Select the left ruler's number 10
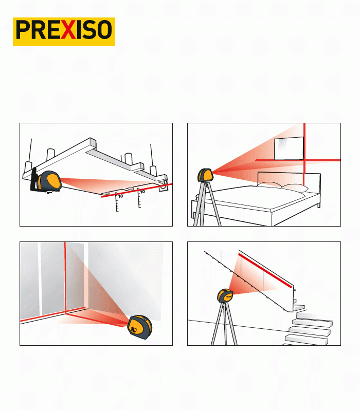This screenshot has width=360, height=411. pos(120,196)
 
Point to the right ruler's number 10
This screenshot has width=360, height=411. pos(142,192)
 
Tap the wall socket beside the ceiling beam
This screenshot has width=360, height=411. pos(163,186)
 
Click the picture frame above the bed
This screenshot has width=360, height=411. pos(289,148)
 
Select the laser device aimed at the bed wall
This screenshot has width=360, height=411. pos(205,175)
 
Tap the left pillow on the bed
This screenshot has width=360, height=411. pos(271,185)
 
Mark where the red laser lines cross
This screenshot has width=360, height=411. pos(304,160)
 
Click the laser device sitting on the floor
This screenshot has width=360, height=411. pos(140,327)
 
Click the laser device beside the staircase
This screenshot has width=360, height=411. pos(225,295)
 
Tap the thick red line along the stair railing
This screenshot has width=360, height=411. pos(265,271)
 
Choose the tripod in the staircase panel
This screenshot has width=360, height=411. pos(224,324)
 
